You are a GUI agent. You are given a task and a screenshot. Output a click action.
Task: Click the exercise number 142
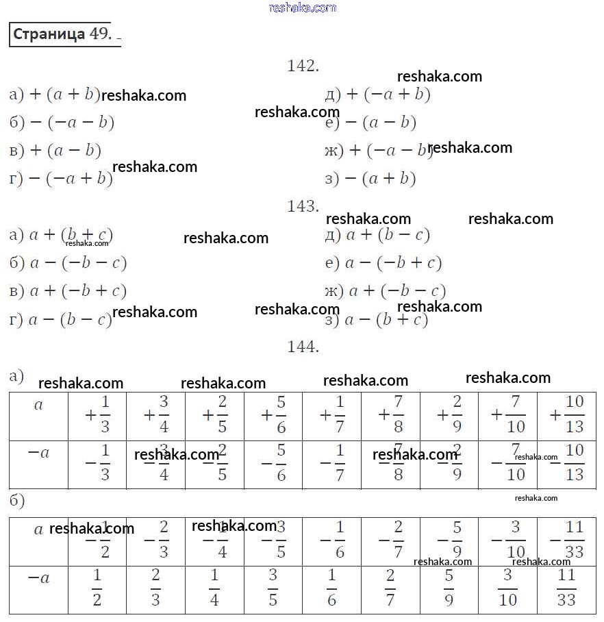tap(303, 66)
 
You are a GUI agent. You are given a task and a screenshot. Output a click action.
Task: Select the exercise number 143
tap(303, 206)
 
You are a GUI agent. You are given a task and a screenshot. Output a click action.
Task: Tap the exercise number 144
tap(303, 347)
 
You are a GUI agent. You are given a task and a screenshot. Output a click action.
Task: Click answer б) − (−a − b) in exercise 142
tap(62, 123)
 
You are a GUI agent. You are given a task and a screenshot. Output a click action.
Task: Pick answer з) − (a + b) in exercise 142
tap(370, 179)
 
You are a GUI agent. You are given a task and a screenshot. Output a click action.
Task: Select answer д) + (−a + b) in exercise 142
tap(377, 95)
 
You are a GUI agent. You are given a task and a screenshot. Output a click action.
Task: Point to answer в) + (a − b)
tap(55, 151)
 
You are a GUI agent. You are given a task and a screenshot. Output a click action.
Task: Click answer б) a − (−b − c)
tap(68, 263)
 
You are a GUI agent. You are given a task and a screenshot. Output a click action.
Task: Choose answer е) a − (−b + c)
tap(383, 263)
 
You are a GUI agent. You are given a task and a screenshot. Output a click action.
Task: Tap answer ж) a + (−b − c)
tap(386, 291)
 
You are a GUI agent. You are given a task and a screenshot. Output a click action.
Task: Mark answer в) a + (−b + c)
tap(68, 291)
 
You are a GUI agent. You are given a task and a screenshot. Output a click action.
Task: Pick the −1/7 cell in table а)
tap(331, 464)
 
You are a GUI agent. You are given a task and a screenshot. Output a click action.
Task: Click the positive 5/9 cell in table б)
tap(449, 588)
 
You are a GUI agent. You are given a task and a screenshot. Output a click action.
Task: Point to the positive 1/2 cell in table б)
tap(97, 588)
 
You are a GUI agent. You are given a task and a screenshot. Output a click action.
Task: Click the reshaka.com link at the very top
tap(303, 8)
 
